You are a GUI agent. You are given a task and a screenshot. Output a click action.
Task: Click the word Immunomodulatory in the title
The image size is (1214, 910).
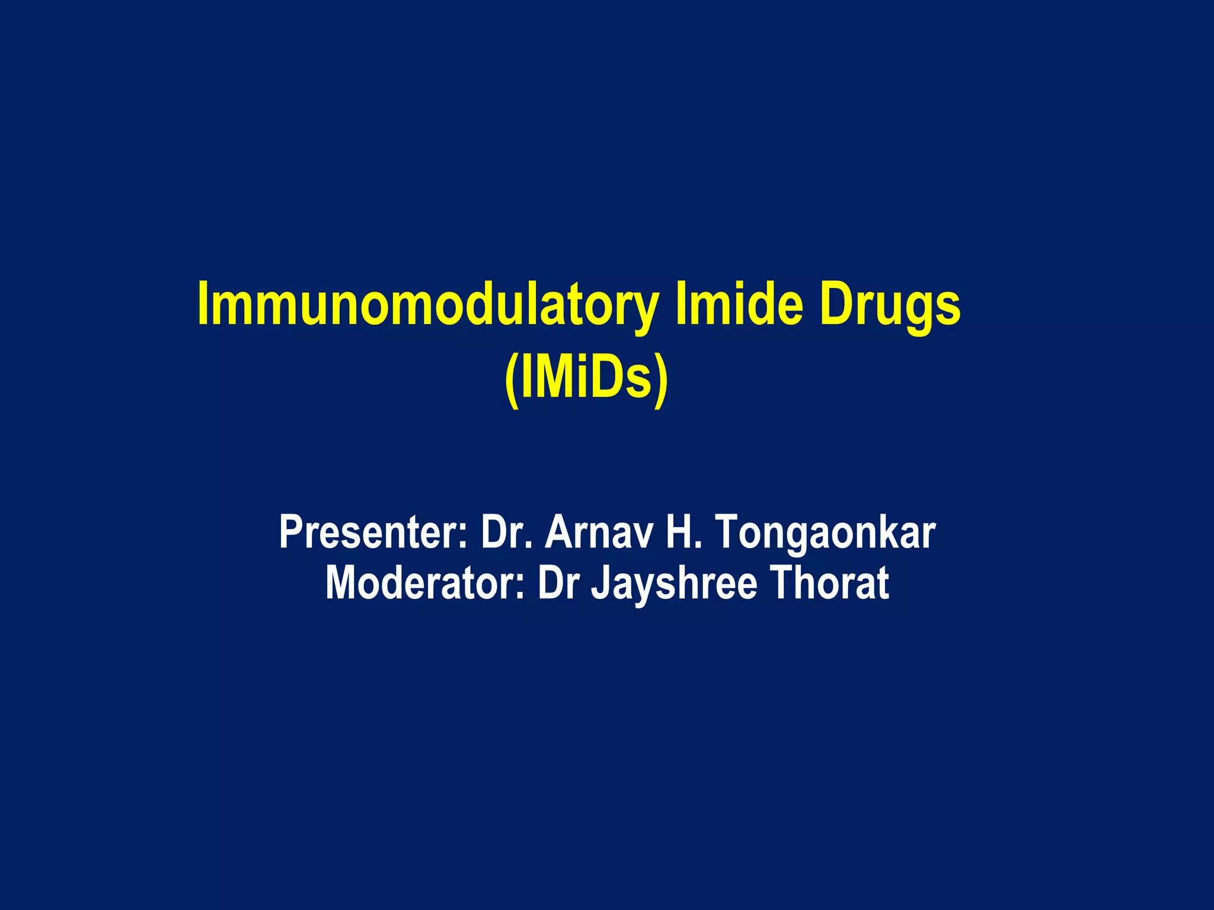(x=427, y=305)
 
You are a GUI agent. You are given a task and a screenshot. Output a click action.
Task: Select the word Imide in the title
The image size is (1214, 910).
(x=739, y=305)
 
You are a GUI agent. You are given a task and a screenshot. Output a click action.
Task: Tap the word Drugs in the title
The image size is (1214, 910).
(x=890, y=305)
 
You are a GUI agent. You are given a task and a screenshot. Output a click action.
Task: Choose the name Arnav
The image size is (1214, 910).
(x=598, y=532)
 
